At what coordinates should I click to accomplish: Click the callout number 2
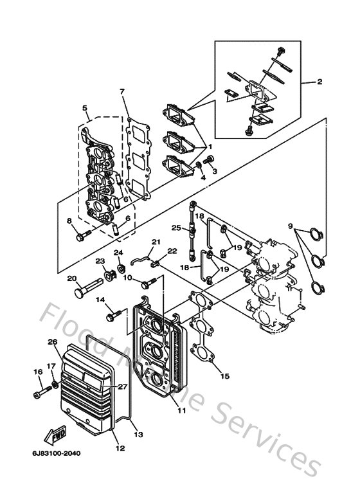[x=319, y=82]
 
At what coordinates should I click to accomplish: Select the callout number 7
[x=122, y=91]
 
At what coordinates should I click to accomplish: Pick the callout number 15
[x=224, y=375]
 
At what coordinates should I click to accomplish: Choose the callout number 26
[x=52, y=342]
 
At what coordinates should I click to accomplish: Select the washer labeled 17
[x=55, y=385]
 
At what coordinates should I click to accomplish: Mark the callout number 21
[x=154, y=242]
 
